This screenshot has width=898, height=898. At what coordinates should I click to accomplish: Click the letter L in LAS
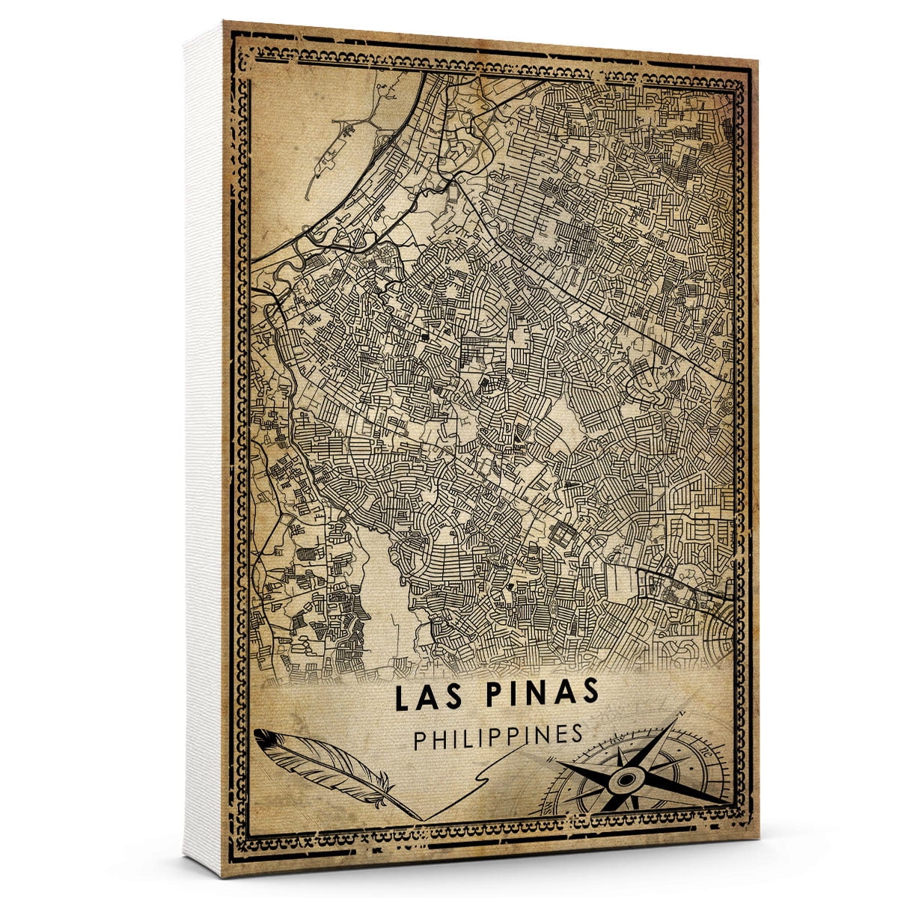pyautogui.click(x=401, y=698)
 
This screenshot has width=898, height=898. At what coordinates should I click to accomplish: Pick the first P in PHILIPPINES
pyautogui.click(x=419, y=737)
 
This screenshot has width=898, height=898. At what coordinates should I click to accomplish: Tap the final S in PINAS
pyautogui.click(x=590, y=695)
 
